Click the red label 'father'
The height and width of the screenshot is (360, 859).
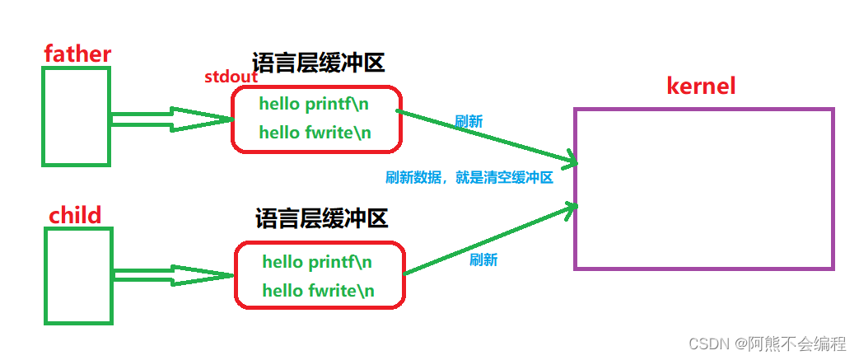point(77,54)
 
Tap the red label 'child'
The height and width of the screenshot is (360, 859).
point(75,216)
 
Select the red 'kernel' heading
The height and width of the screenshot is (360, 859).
point(701,86)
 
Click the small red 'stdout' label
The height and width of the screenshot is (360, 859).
point(231,77)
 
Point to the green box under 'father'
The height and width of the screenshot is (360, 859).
point(76,116)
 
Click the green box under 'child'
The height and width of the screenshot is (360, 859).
point(78,276)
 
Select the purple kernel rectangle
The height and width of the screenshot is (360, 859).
point(704,189)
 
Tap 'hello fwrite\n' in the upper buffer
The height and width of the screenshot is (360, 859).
point(315,132)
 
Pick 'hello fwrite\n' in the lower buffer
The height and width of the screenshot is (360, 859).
point(318,290)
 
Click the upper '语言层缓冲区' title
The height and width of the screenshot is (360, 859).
point(318,63)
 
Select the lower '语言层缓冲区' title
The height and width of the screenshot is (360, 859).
point(321,219)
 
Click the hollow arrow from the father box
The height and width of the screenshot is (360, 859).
point(173,119)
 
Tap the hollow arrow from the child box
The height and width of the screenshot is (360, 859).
point(175,276)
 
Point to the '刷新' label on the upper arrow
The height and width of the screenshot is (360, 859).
point(469,121)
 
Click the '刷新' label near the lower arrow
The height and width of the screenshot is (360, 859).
point(483,259)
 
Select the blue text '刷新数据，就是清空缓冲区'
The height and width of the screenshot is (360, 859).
point(469,177)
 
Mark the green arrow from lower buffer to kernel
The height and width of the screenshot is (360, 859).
point(489,240)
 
